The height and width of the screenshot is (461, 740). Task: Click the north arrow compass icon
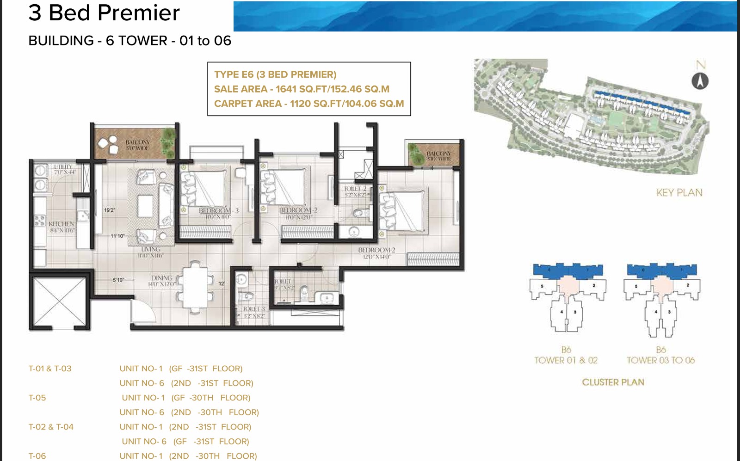coord(700,81)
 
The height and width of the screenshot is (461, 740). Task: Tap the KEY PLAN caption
coord(679,193)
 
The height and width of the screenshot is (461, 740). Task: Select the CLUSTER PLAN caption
coord(613,382)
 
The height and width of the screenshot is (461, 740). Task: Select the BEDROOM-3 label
coord(219,210)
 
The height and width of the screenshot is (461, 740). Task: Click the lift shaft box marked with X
coord(59,303)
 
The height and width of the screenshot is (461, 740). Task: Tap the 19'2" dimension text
coord(110,210)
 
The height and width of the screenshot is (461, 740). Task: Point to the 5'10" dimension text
coord(118,280)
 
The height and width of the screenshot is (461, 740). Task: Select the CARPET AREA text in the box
coord(247,104)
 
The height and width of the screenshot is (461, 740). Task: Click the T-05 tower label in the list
coord(37,398)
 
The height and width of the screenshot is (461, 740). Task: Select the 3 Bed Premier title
coord(104,13)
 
